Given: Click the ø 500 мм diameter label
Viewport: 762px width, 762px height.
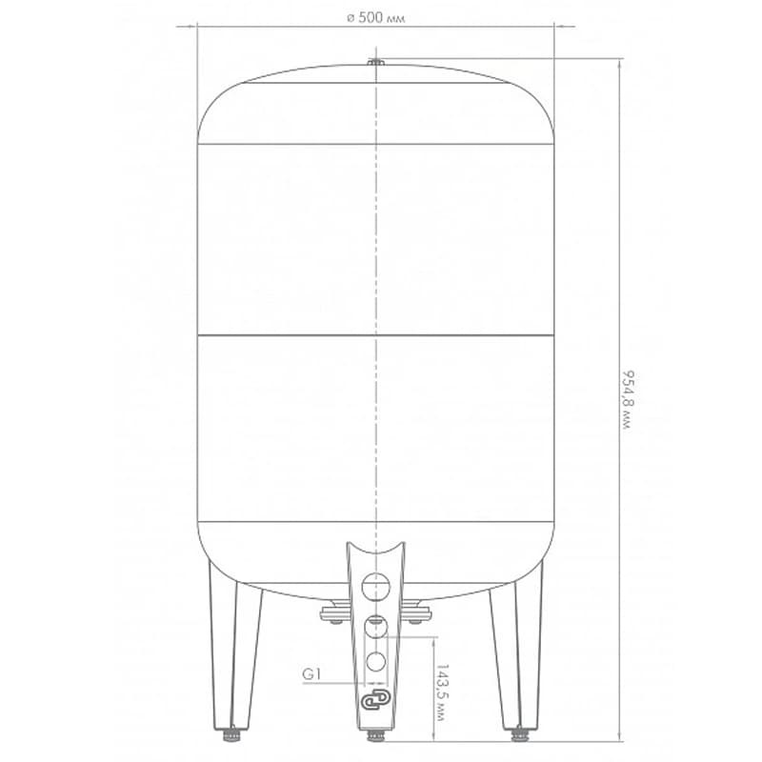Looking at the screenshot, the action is pyautogui.click(x=375, y=18).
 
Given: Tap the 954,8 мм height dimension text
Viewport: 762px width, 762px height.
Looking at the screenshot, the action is pyautogui.click(x=628, y=400).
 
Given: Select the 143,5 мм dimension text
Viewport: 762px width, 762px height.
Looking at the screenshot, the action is pyautogui.click(x=442, y=692).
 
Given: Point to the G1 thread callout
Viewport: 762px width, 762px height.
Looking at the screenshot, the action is pyautogui.click(x=311, y=674).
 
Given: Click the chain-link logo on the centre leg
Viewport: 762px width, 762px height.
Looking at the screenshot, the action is pyautogui.click(x=375, y=700).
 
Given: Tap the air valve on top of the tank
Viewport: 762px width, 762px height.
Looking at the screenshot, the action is pyautogui.click(x=375, y=62).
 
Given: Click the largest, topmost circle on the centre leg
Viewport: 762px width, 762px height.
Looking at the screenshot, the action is pyautogui.click(x=375, y=586).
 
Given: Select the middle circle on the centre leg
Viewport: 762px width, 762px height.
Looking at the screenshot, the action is pyautogui.click(x=375, y=627).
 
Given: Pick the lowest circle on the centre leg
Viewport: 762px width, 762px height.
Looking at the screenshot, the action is pyautogui.click(x=375, y=662).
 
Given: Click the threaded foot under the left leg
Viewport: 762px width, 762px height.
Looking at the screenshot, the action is pyautogui.click(x=231, y=733).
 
